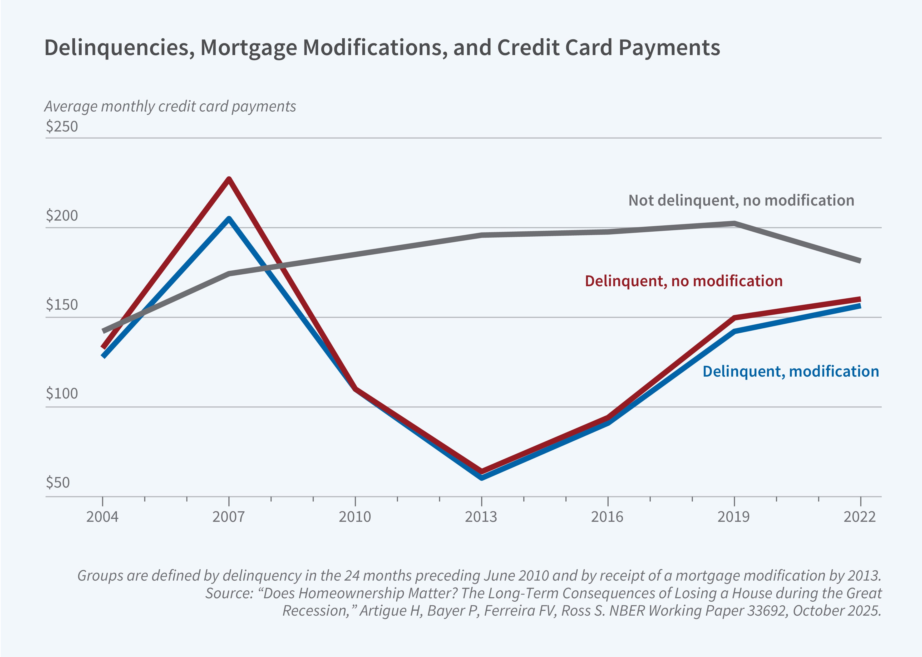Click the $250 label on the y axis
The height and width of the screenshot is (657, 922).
pos(61,126)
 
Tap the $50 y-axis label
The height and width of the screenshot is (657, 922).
pos(57,482)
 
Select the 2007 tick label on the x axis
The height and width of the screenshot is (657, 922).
pos(228,517)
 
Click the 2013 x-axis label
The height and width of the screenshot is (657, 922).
pos(481,517)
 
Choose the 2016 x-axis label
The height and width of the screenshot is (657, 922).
pos(607,517)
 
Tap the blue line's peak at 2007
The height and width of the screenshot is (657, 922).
pos(229,219)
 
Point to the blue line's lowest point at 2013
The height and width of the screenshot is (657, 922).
pos(482,477)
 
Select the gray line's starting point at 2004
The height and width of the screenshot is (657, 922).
pos(103,331)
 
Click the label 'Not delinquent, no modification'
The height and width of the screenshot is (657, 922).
pos(741,200)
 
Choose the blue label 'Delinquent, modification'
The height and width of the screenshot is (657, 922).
pos(791,371)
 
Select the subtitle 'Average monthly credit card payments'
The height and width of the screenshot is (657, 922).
pos(170,106)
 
